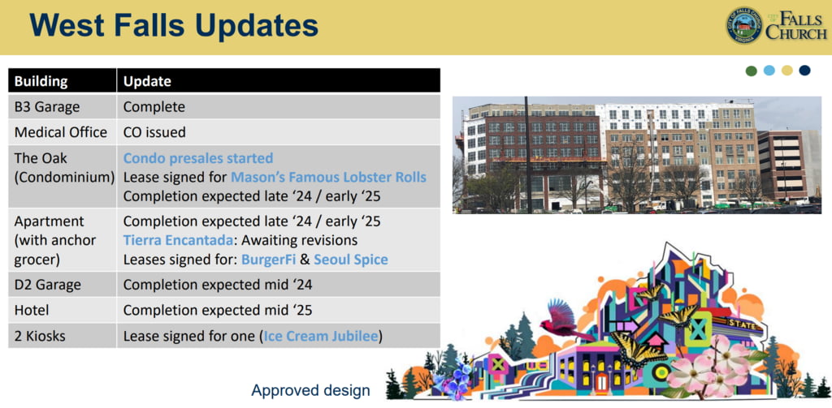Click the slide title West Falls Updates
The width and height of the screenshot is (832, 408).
click(174, 25)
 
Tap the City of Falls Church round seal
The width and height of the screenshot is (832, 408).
click(744, 25)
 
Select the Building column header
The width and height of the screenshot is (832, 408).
click(41, 82)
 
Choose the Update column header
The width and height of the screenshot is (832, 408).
click(148, 82)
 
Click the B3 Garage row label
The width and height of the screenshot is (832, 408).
click(46, 107)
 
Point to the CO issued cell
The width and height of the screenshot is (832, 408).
click(154, 132)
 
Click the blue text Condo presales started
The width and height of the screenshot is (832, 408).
click(198, 158)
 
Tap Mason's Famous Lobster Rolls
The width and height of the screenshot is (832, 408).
click(328, 177)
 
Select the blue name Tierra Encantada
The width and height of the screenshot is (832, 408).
click(178, 240)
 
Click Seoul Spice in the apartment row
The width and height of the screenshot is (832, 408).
click(351, 260)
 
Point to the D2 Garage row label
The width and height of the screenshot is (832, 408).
click(48, 285)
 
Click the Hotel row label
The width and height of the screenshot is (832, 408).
click(32, 310)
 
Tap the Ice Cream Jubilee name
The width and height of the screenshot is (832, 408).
click(321, 336)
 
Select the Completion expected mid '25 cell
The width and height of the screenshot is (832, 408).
click(218, 310)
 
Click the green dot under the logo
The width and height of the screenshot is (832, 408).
click(752, 71)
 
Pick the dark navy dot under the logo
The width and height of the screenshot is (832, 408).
click(804, 71)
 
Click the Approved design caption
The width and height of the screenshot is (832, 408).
click(310, 391)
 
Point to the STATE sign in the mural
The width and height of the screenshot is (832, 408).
click(741, 323)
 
